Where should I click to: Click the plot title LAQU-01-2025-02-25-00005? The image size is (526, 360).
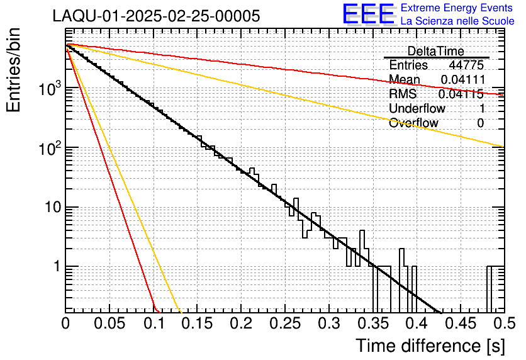point(156,16)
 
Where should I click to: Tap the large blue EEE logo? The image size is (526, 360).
point(368,14)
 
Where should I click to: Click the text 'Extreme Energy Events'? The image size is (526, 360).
point(457,8)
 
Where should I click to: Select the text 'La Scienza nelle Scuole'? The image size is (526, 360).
point(457,21)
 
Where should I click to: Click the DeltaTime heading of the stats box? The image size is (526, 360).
point(435,51)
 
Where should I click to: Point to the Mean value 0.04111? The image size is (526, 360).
point(462,79)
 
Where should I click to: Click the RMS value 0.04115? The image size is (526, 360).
point(461,94)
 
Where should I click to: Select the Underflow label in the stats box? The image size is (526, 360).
point(417,108)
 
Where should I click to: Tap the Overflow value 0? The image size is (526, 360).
point(480,123)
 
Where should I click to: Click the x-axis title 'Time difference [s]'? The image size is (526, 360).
point(430,346)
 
